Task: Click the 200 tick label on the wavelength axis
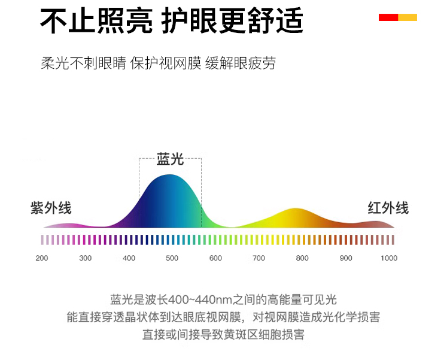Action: (x=42, y=258)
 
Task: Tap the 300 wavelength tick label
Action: (x=85, y=258)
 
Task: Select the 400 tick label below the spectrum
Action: (x=129, y=258)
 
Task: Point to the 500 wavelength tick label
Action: (x=172, y=258)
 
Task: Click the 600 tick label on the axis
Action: (x=215, y=258)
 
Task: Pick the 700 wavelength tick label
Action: (x=259, y=258)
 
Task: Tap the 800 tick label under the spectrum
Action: (x=302, y=258)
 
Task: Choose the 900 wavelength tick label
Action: (x=346, y=258)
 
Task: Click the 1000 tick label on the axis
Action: (x=389, y=258)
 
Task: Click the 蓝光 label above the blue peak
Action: (x=170, y=159)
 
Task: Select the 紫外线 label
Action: (x=51, y=208)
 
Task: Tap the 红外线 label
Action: (x=388, y=208)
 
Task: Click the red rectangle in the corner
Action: (x=388, y=17)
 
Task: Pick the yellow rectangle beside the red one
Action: (x=408, y=17)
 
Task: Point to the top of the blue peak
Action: (x=170, y=175)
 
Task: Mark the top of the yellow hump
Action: (x=296, y=208)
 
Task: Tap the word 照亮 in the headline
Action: (x=125, y=20)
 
